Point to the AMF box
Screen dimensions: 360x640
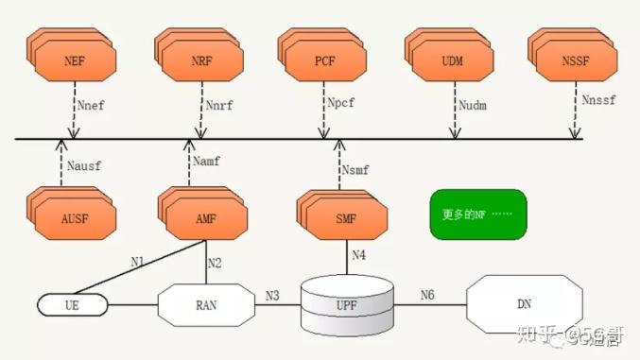click(x=207, y=218)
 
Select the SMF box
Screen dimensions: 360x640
click(x=344, y=218)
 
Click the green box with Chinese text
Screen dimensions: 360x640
click(x=477, y=214)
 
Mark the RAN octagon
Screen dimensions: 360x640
click(x=207, y=304)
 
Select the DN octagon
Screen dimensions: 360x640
click(x=525, y=304)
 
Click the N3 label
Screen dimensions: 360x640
click(x=273, y=295)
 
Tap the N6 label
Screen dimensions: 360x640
click(x=428, y=295)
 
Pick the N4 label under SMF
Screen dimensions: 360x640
click(x=358, y=254)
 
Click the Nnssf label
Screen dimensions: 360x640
click(x=598, y=99)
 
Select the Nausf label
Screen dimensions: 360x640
click(x=85, y=166)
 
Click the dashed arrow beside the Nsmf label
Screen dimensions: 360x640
click(x=339, y=164)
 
